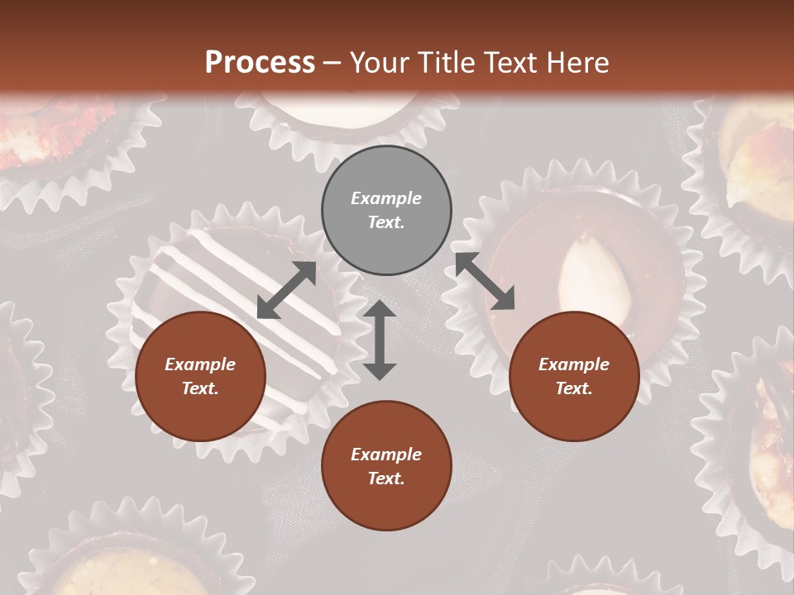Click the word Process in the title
coord(260,63)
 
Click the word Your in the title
coord(381,63)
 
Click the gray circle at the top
coord(386,211)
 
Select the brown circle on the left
coord(200,377)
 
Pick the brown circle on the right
coord(574,377)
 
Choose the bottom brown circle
coord(386,466)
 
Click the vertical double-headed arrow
coord(380,340)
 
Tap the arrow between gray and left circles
coord(286,290)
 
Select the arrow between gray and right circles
coord(485,281)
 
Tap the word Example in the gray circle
coord(386,198)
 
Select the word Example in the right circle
coord(574,364)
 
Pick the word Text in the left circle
coord(199,389)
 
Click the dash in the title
coord(332,63)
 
